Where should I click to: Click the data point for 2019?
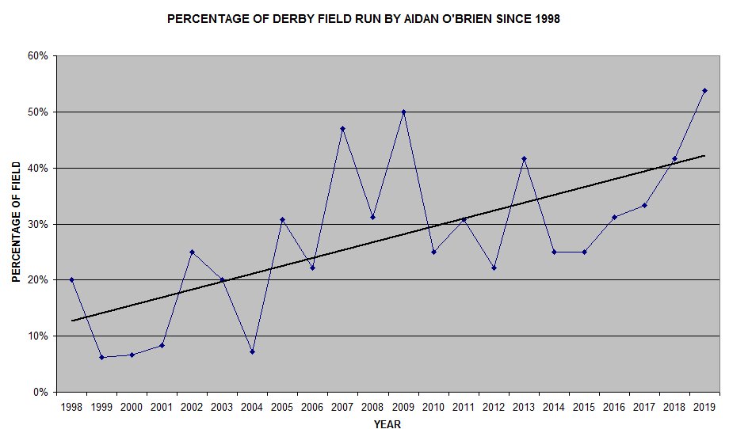pos(704,90)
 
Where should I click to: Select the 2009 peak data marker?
pos(403,112)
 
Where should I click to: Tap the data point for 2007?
pos(343,128)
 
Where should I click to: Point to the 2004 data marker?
pos(253,351)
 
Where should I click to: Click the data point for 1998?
pos(71,279)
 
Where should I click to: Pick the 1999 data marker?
pos(101,357)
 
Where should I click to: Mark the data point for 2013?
pos(524,158)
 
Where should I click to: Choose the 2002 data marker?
pos(192,252)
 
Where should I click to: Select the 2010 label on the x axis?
pos(433,407)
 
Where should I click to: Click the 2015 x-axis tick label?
pos(584,407)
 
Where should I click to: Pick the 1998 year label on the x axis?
pos(71,407)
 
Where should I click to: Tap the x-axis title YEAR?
pos(387,424)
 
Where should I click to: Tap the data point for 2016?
pos(614,217)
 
